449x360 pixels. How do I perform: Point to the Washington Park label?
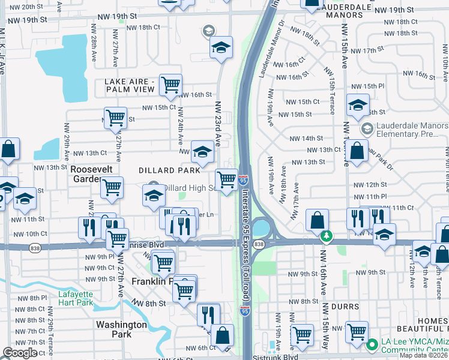point(122,329)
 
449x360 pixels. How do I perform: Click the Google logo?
point(20,353)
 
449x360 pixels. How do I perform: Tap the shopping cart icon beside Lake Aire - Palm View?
point(170,84)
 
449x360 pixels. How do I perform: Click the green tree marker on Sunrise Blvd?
point(326,236)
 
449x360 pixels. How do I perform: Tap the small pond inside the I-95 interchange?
point(261,228)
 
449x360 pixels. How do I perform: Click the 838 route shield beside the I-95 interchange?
point(259,244)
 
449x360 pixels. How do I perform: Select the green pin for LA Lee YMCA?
point(372,344)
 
